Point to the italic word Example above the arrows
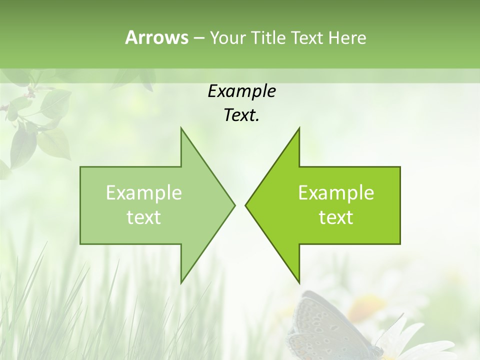tap(241, 91)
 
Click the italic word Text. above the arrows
tap(241, 115)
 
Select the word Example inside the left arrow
tap(144, 193)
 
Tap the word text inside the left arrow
tap(144, 217)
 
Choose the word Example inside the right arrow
tap(336, 193)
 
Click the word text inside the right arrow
tap(336, 217)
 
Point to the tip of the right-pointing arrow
tap(233, 205)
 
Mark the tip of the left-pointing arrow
tap(247, 205)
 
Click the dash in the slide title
tap(198, 38)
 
